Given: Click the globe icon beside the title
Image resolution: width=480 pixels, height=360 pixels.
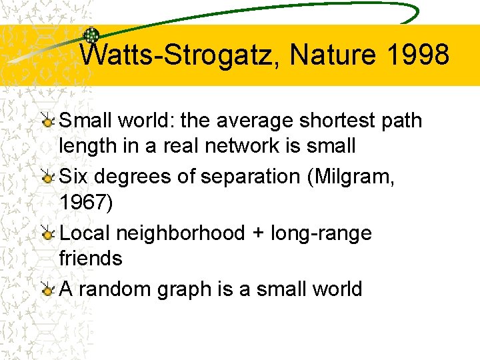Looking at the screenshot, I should pos(91,36).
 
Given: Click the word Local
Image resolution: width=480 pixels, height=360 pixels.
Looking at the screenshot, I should pos(85,233).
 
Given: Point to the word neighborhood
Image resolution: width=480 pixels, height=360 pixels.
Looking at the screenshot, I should pos(181,234).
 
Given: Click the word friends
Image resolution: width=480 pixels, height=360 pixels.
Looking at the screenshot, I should pos(91,258).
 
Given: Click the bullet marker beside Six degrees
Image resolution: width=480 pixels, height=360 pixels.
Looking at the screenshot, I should pos(48,177).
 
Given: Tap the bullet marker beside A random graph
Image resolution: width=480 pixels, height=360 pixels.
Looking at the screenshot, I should pos(48,289).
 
